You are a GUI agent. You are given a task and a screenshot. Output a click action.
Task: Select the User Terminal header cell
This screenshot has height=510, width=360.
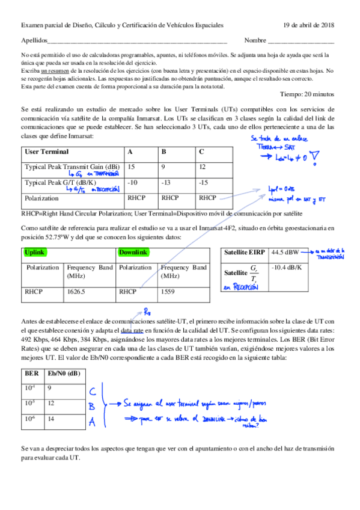[46, 152]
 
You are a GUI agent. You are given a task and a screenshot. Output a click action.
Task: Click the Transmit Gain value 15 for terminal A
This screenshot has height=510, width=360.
[132, 166]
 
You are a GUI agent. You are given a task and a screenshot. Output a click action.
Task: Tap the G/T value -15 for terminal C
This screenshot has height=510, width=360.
[206, 182]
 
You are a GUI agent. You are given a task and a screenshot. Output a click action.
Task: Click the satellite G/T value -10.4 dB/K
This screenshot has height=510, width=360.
[288, 266]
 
